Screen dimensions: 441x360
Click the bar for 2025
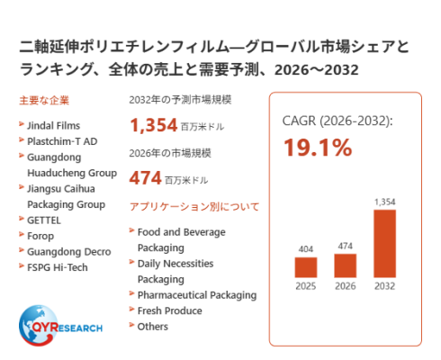pos(306,267)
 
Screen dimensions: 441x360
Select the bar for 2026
pos(346,265)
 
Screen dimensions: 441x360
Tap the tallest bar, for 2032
pos(384,244)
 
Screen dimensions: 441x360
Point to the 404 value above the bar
pos(306,249)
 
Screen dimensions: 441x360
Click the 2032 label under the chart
pos(384,286)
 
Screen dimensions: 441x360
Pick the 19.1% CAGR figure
pos(318,148)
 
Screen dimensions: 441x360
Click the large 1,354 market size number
pos(154,125)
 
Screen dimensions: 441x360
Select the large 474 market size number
pos(146,177)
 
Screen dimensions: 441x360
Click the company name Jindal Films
pos(53,125)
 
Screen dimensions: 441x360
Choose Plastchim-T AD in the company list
pos(62,141)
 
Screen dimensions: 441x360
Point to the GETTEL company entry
pos(44,220)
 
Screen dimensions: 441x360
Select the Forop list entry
pos(40,236)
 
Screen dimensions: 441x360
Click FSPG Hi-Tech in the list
pos(58,267)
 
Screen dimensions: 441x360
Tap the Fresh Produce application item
pos(169,310)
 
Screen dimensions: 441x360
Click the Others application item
pos(152,327)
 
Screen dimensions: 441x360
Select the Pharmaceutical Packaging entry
pos(197,295)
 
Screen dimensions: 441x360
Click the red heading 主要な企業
pos(44,101)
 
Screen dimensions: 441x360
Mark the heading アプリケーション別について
pos(194,207)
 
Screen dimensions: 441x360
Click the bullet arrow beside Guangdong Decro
pos(22,250)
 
